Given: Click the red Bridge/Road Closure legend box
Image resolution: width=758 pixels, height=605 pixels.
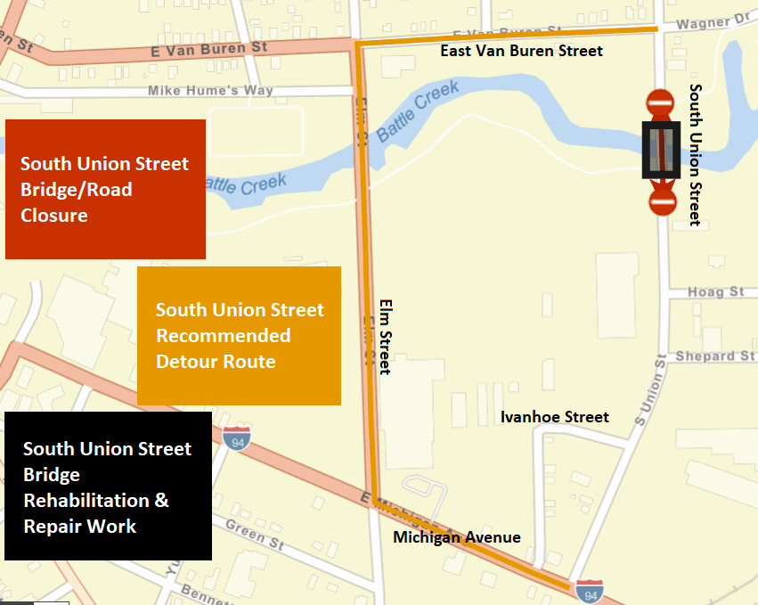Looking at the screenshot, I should coord(105,189).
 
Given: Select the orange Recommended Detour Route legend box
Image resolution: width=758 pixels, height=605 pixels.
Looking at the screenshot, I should coord(239,335).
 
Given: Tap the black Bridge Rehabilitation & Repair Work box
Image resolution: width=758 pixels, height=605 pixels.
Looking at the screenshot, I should coord(108,486).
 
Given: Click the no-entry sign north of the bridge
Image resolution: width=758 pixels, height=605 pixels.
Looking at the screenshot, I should coord(660,103).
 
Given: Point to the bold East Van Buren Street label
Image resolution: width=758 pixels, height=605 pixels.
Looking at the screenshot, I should coord(521,51).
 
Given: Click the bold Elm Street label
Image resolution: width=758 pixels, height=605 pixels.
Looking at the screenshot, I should coord(385,335).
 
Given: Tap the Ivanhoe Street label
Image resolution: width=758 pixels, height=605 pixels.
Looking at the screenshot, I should coord(554,417).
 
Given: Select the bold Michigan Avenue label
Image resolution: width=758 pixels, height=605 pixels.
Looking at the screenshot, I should coord(456,537).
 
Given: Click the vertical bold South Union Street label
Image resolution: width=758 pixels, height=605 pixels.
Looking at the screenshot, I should coord(696,155).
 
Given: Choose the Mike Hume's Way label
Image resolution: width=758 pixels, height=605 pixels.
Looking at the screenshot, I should coord(210,91).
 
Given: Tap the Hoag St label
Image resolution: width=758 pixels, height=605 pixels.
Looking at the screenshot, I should coord(715,292).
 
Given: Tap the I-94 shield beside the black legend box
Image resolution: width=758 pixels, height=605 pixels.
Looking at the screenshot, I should coord(238,437).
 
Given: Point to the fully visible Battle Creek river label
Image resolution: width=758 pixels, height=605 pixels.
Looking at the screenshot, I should coord(418,111).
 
